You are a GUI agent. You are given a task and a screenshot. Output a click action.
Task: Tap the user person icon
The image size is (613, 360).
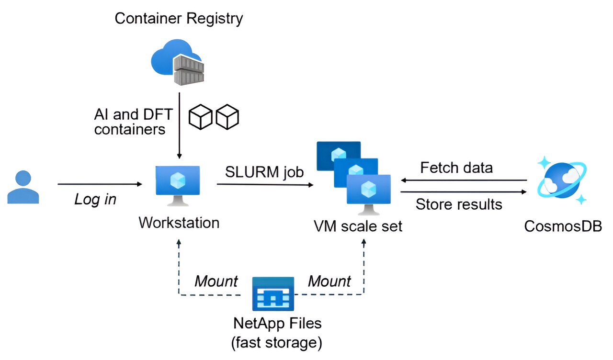[23, 187]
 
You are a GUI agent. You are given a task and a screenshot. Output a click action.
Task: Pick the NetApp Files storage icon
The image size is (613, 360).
[273, 293]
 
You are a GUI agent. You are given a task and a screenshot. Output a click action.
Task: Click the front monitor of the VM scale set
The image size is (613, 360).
[368, 191]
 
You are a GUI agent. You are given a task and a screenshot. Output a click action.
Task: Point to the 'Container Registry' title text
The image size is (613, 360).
[179, 19]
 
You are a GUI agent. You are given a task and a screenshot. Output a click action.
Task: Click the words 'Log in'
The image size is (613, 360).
[95, 199]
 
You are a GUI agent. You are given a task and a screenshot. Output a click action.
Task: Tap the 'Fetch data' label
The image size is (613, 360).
[456, 168]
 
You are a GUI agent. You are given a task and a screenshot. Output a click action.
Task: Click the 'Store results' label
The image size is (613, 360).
[459, 204]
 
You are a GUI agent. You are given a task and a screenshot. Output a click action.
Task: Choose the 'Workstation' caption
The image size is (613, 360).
[179, 223]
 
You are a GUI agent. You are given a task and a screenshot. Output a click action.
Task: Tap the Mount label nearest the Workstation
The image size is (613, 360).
[216, 281]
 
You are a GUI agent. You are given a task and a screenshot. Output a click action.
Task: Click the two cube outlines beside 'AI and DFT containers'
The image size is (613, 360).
[214, 118]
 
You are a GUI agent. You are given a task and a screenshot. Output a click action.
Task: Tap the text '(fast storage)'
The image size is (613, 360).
[277, 342]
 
